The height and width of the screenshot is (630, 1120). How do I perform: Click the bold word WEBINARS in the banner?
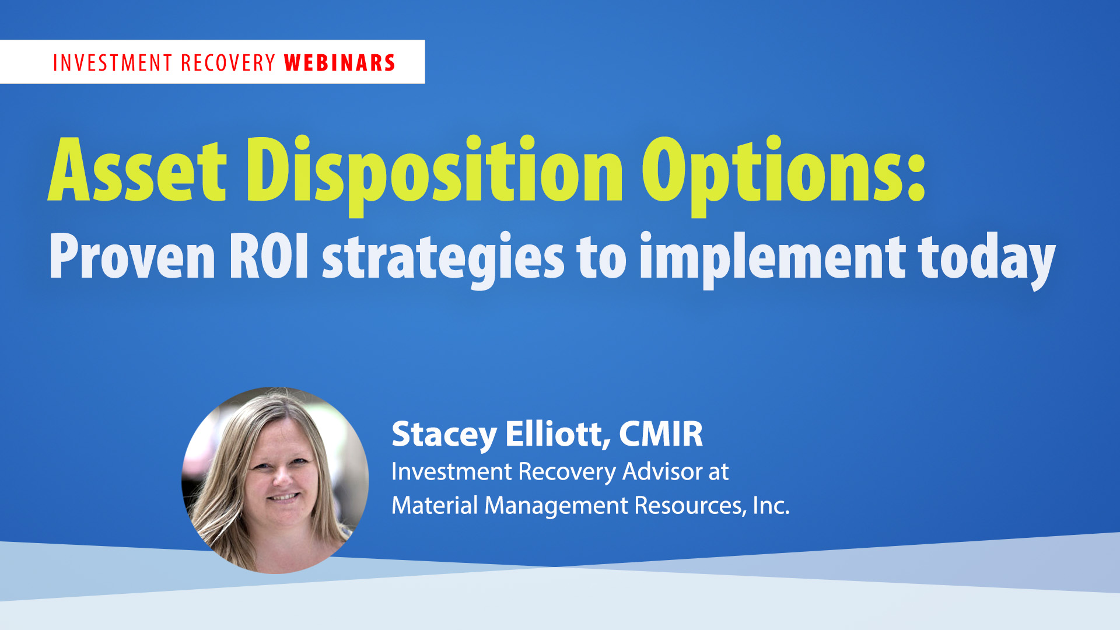point(340,63)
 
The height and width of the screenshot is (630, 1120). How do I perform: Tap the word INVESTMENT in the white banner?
point(113,63)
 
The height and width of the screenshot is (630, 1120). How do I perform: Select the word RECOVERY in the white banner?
point(228,63)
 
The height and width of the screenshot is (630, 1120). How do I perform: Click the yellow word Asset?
point(137,170)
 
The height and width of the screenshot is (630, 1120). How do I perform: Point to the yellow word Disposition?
point(435,175)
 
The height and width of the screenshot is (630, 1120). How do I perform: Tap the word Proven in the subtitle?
point(132,256)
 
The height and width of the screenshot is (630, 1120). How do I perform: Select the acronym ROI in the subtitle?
point(269,256)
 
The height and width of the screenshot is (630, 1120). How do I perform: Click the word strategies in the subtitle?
point(443,260)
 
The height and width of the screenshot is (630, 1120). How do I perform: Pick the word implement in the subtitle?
point(773,260)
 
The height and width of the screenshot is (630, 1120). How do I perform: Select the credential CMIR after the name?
point(661,434)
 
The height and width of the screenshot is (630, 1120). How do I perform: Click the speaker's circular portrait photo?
point(275,480)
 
